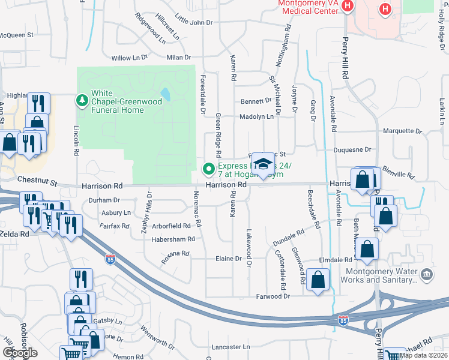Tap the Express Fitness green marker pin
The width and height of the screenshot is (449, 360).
pyautogui.click(x=209, y=170)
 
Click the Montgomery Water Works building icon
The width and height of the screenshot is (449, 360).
pyautogui.click(x=427, y=275)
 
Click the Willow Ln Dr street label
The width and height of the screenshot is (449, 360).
pyautogui.click(x=130, y=58)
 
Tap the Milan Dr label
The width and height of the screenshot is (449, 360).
pyautogui.click(x=178, y=57)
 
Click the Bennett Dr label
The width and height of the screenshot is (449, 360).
pyautogui.click(x=256, y=101)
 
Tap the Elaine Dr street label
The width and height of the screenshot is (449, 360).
pyautogui.click(x=228, y=259)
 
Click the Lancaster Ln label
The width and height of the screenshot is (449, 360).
pyautogui.click(x=231, y=347)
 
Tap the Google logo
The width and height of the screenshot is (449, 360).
pyautogui.click(x=20, y=353)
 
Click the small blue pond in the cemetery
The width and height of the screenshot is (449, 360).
pyautogui.click(x=164, y=94)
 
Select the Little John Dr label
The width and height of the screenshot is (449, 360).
pyautogui.click(x=194, y=22)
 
